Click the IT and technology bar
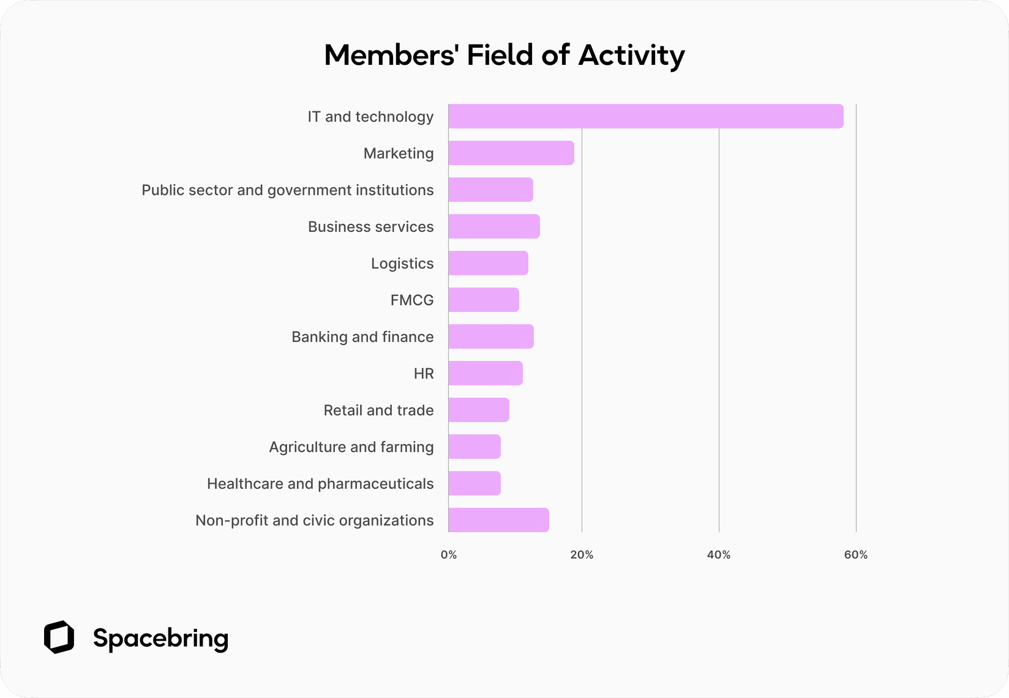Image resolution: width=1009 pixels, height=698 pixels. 645,116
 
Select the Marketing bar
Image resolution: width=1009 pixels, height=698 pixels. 511,153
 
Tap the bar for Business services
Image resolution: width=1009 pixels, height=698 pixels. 494,226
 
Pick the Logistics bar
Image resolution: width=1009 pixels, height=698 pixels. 488,263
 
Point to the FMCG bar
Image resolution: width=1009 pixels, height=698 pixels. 484,300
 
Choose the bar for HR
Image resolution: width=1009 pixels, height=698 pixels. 486,373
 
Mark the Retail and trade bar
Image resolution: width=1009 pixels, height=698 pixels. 479,410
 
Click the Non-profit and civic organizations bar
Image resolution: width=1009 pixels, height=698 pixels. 498,520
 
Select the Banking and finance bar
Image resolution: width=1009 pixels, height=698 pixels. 491,336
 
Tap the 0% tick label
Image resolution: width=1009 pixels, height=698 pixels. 449,555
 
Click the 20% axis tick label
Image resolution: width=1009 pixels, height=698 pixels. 582,555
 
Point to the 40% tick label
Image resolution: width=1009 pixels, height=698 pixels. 719,555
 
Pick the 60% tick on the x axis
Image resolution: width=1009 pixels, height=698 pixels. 856,555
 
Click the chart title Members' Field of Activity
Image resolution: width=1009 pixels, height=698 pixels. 504,55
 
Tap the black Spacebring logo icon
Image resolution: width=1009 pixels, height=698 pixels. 59,637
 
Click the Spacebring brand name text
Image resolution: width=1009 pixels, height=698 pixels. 160,638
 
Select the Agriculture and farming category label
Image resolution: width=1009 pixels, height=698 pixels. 351,447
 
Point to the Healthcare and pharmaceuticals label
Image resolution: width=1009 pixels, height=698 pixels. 320,484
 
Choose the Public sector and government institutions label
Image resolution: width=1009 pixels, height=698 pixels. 288,190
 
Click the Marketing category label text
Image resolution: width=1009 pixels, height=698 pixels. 399,154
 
